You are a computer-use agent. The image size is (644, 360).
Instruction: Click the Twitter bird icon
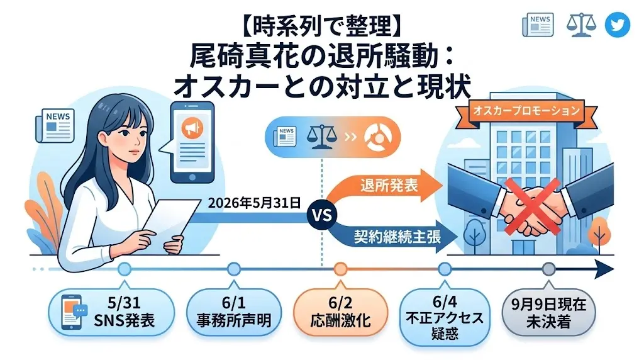[x=618, y=25]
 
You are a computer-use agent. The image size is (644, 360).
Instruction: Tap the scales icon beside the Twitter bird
[x=581, y=25]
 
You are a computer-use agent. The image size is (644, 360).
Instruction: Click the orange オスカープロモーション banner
[x=528, y=111]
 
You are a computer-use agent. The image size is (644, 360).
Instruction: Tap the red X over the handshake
[x=532, y=205]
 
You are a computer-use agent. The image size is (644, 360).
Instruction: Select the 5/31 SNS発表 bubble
[x=111, y=312]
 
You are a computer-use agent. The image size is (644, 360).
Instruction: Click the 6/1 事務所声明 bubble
[x=234, y=312]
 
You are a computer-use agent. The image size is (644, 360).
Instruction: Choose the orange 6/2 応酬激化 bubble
[x=340, y=312]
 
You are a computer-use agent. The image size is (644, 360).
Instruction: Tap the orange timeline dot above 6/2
[x=340, y=269]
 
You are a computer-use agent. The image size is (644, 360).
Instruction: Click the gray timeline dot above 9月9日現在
[x=548, y=269]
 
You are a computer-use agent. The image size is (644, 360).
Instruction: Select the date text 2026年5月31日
[x=254, y=203]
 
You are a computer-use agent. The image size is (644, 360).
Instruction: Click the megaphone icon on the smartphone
[x=192, y=128]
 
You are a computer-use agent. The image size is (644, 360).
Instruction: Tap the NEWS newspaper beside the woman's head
[x=55, y=125]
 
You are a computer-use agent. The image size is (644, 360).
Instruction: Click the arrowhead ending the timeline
[x=604, y=269]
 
